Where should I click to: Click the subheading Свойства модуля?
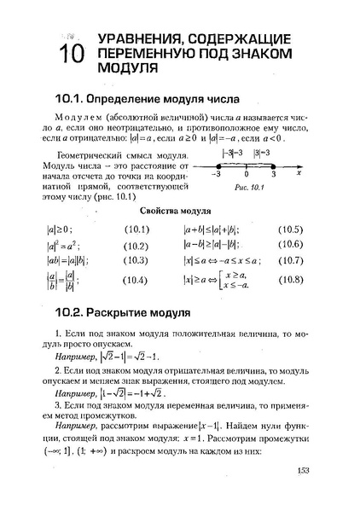(179, 209)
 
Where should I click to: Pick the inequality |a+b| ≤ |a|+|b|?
(211, 229)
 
